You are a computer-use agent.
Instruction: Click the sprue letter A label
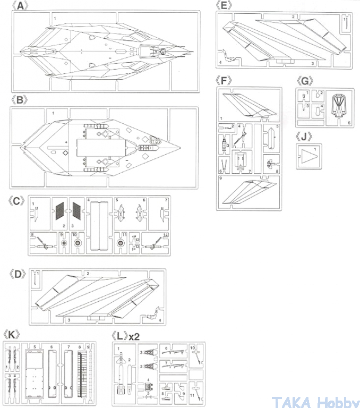(20, 5)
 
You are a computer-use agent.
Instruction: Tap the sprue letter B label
(20, 100)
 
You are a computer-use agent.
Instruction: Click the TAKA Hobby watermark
(315, 401)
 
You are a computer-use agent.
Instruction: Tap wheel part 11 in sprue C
(120, 243)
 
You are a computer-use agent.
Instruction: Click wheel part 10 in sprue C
(78, 244)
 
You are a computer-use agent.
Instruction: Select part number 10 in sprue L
(193, 347)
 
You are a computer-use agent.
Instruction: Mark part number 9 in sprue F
(220, 178)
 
